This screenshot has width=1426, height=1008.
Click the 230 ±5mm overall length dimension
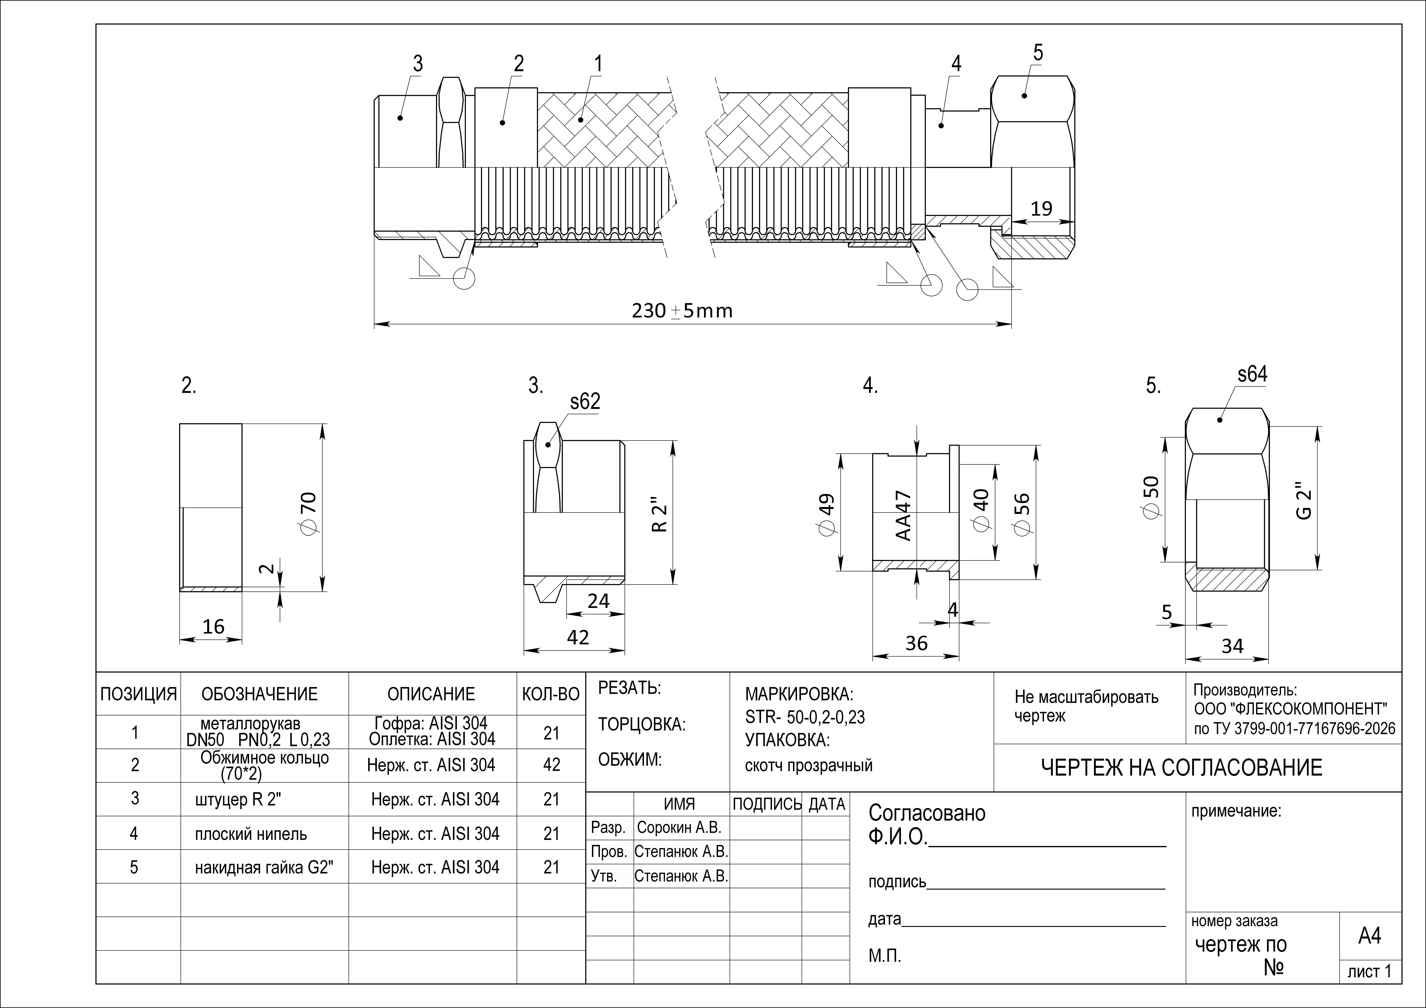tap(682, 311)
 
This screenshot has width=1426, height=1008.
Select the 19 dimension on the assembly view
tap(1042, 209)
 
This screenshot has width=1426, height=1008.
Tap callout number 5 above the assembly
tap(1038, 53)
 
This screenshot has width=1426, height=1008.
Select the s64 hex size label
tap(1253, 374)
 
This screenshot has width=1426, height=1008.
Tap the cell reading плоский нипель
tap(251, 833)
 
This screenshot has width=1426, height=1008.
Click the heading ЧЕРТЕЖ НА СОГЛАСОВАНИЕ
tap(1181, 768)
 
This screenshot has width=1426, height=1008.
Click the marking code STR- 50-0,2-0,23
tap(805, 717)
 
